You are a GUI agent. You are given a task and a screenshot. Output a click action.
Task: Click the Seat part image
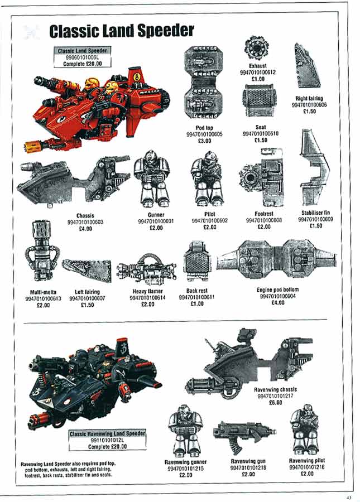point(259,101)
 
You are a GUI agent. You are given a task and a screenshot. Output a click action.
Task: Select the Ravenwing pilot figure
point(304,429)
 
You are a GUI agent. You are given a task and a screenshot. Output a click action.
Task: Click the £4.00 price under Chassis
point(85,229)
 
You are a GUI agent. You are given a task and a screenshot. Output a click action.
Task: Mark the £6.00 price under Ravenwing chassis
point(275,402)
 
